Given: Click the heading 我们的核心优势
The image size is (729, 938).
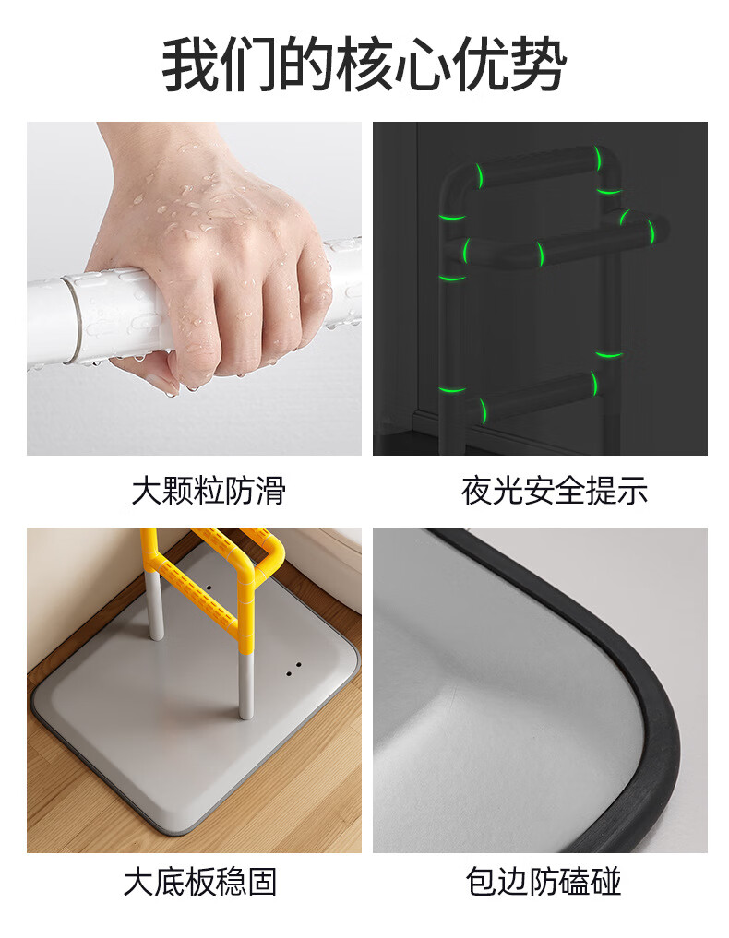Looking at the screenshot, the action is (x=364, y=65).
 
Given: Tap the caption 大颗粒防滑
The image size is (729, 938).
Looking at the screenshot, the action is (x=209, y=491).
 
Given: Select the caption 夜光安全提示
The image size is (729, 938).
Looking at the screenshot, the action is (x=555, y=491).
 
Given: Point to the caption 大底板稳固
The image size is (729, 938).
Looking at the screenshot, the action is (x=200, y=883).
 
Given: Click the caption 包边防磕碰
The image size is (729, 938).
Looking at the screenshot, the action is (x=544, y=883).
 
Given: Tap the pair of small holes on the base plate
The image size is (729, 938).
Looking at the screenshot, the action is (x=293, y=669).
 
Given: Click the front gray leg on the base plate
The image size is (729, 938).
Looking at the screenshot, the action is (x=245, y=685).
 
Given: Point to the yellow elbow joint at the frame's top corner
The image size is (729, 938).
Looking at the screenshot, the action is (x=271, y=551).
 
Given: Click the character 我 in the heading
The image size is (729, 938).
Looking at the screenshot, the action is (x=190, y=65).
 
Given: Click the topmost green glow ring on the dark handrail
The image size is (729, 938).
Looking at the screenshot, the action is (x=597, y=158).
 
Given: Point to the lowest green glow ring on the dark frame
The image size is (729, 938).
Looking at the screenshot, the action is (x=482, y=410).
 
